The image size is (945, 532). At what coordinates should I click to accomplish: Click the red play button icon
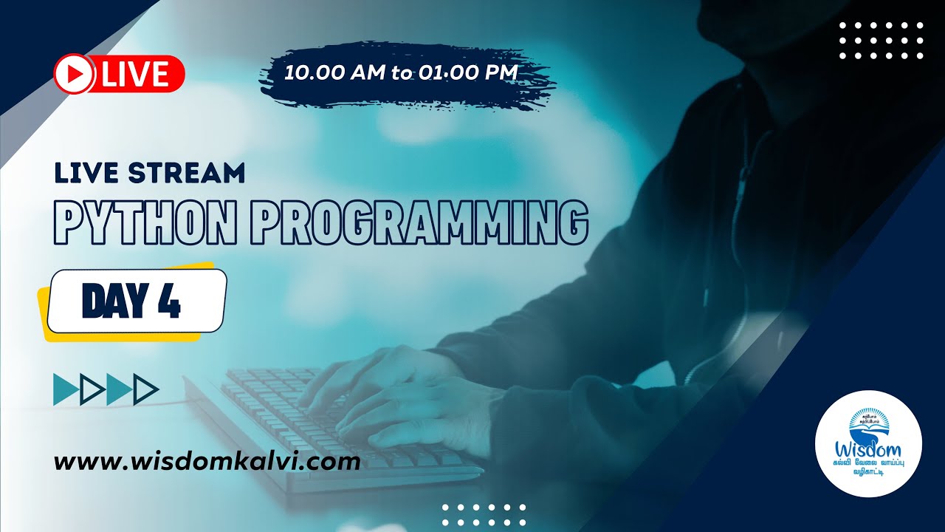tap(73, 74)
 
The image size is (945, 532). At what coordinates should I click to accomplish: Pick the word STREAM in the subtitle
tap(187, 173)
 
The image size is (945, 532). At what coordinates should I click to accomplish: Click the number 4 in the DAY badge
tap(170, 301)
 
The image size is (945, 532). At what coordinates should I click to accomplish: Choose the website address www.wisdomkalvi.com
tap(207, 463)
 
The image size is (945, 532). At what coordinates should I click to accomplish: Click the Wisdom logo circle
tap(868, 443)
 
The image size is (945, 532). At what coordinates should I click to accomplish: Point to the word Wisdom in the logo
tap(868, 448)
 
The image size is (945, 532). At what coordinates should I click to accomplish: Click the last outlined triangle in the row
tap(147, 389)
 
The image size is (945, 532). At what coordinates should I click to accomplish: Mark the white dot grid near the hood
tap(882, 40)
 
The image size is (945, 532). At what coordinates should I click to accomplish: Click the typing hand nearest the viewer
tap(413, 414)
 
